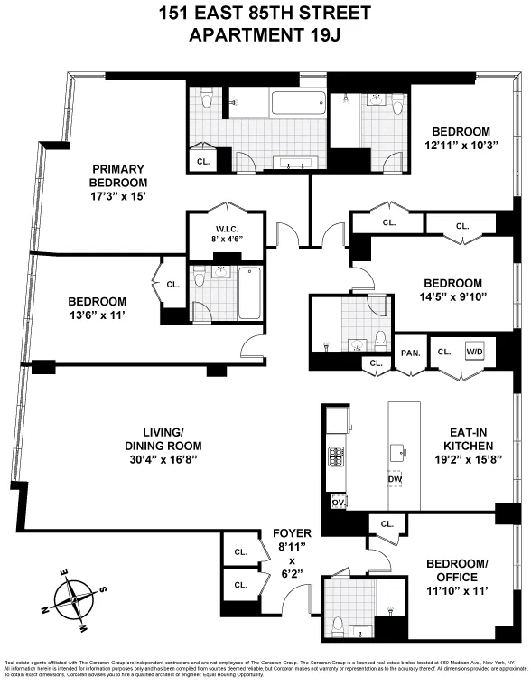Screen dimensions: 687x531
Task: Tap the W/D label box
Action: coord(474,352)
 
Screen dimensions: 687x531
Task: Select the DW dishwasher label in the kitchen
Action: coord(394,477)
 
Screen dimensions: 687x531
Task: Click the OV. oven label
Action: coord(339,501)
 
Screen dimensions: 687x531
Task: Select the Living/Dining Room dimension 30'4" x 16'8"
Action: coord(163,459)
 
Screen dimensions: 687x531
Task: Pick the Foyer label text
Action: coord(292,533)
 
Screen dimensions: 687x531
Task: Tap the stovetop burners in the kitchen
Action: coord(336,456)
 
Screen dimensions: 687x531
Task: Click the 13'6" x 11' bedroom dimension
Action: coord(96,315)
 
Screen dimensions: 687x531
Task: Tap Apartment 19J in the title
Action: coord(265,35)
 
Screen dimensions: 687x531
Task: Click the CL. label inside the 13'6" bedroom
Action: coord(173,285)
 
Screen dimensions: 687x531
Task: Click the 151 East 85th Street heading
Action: coord(265,14)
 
